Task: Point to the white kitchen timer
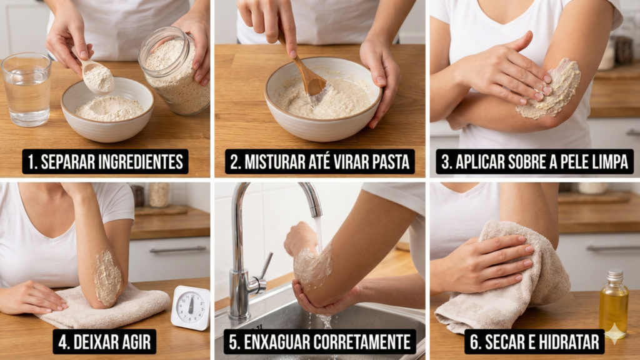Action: point(190,307)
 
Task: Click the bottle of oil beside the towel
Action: point(613,304)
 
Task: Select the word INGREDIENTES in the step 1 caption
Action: point(137,162)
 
